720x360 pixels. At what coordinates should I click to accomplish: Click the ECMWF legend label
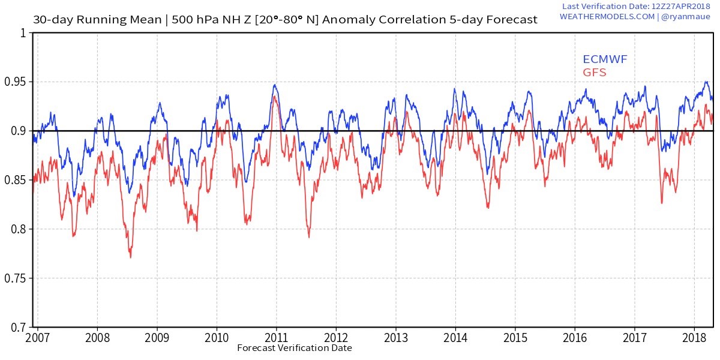tap(605, 59)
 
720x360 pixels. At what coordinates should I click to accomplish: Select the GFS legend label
tap(595, 73)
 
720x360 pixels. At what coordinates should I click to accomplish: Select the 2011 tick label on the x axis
tap(276, 337)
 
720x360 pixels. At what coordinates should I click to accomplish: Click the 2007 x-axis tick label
tap(37, 337)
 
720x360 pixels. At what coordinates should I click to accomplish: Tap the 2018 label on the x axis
tap(694, 337)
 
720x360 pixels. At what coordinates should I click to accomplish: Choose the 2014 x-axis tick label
tap(455, 337)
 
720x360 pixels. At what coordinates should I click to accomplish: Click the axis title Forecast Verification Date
tap(294, 348)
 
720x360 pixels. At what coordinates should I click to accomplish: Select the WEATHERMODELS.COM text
tap(607, 17)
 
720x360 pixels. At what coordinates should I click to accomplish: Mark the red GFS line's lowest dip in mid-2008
tap(130, 257)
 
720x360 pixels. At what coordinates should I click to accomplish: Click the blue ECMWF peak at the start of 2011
tap(274, 85)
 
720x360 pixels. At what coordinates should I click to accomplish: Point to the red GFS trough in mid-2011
tap(309, 237)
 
